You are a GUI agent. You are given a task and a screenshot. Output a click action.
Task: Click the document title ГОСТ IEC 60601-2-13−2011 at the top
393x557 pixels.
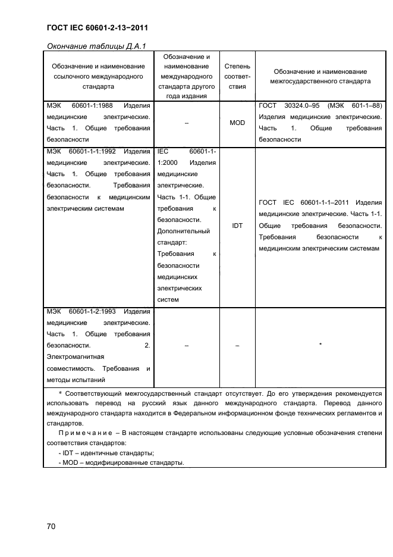click(x=96, y=27)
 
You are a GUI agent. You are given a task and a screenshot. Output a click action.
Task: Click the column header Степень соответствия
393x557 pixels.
click(x=237, y=76)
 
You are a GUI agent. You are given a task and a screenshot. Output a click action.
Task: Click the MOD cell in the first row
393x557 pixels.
click(x=237, y=123)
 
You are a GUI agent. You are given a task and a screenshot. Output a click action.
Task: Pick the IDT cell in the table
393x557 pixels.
click(x=237, y=226)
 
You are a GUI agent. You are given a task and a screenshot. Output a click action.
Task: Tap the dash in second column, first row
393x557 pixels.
click(x=187, y=123)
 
